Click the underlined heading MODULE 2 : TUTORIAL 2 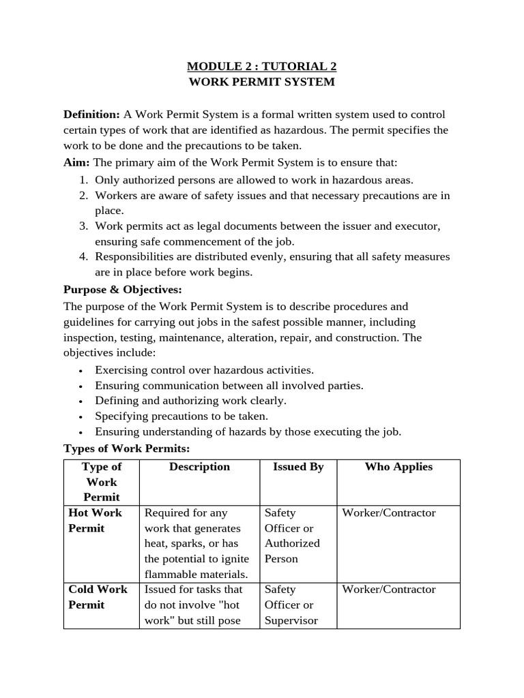pos(262,66)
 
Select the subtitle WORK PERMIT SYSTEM pos(262,82)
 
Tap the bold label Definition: pos(91,114)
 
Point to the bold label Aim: pos(76,163)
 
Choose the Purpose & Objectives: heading pos(123,289)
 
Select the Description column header pos(199,467)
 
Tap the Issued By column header pos(298,467)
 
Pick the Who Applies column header pos(398,467)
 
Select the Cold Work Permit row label pos(98,597)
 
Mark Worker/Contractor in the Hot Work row pos(388,513)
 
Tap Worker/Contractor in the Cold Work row pos(388,590)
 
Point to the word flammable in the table pos(169,574)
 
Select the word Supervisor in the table pos(291,620)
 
